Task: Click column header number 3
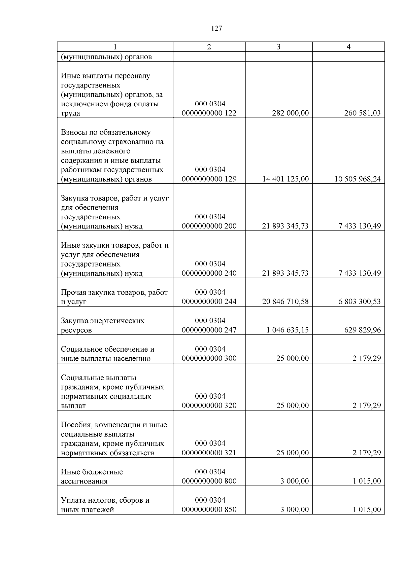[x=278, y=47]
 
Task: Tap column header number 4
[x=348, y=47]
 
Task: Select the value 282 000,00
[x=290, y=113]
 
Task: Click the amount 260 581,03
[x=362, y=113]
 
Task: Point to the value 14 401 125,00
[x=285, y=179]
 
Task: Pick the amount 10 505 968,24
[x=358, y=179]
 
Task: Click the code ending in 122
[x=209, y=109]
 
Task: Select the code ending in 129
[x=209, y=175]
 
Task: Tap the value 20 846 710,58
[x=285, y=301]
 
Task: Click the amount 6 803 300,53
[x=360, y=301]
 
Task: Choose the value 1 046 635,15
[x=288, y=330]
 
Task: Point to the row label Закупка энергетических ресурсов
[x=103, y=325]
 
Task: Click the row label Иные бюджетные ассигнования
[x=92, y=476]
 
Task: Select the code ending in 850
[x=209, y=505]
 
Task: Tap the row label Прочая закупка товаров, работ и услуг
[x=114, y=297]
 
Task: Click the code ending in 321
[x=209, y=448]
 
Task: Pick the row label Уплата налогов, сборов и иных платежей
[x=105, y=505]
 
